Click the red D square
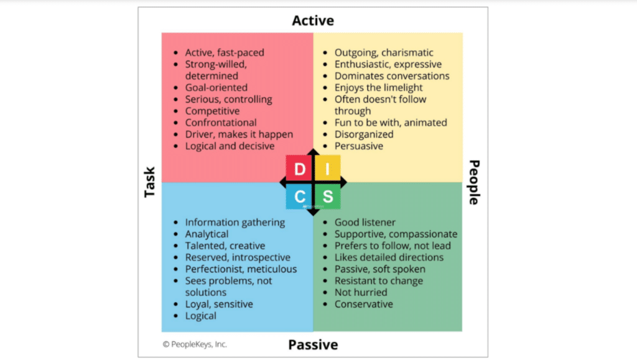pos(299,168)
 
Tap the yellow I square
pos(327,168)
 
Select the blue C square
pos(299,197)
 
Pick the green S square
pos(327,197)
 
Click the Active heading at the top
pos(313,21)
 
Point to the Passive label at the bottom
pos(313,344)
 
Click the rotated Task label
pos(149,183)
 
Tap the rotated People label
pos(473,183)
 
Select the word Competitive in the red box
pos(212,111)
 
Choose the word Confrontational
pos(221,122)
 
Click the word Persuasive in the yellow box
pos(359,146)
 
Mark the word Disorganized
pos(364,134)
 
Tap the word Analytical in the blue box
pos(207,234)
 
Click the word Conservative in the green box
pos(364,304)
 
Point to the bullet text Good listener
pos(365,223)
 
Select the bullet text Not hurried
pos(361,292)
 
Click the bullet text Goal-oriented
pos(216,88)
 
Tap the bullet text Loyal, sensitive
pos(219,304)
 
